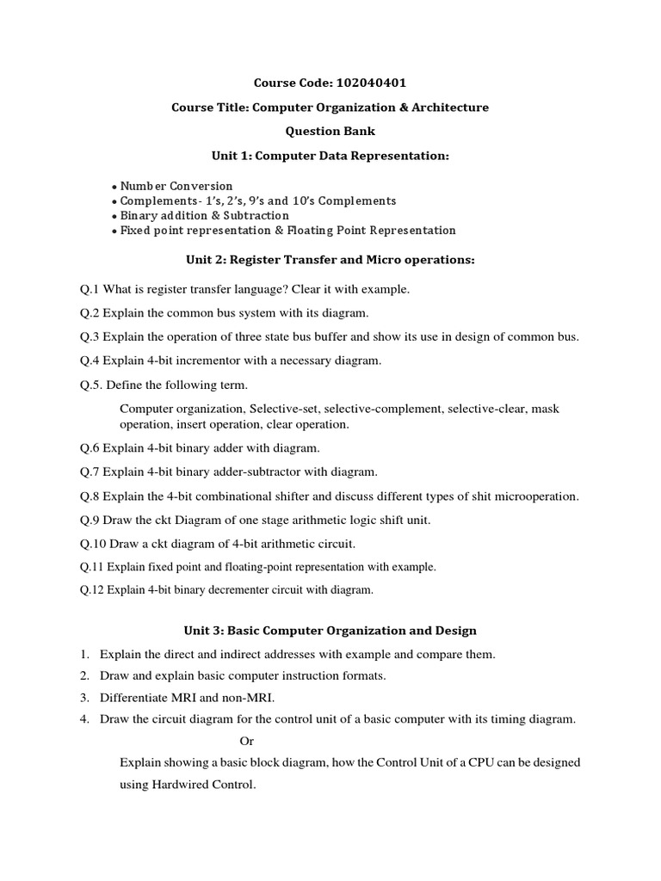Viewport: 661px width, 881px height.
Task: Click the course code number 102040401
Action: click(x=368, y=83)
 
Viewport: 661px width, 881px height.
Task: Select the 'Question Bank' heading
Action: click(x=330, y=132)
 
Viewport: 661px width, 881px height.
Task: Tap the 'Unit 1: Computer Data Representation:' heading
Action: click(x=330, y=156)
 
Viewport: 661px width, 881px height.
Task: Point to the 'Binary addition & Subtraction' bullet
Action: click(x=204, y=215)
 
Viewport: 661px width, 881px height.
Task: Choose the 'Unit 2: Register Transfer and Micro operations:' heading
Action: click(x=330, y=260)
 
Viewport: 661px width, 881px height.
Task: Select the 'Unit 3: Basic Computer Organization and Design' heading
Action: click(x=330, y=631)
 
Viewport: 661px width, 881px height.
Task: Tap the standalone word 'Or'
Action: click(x=246, y=740)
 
